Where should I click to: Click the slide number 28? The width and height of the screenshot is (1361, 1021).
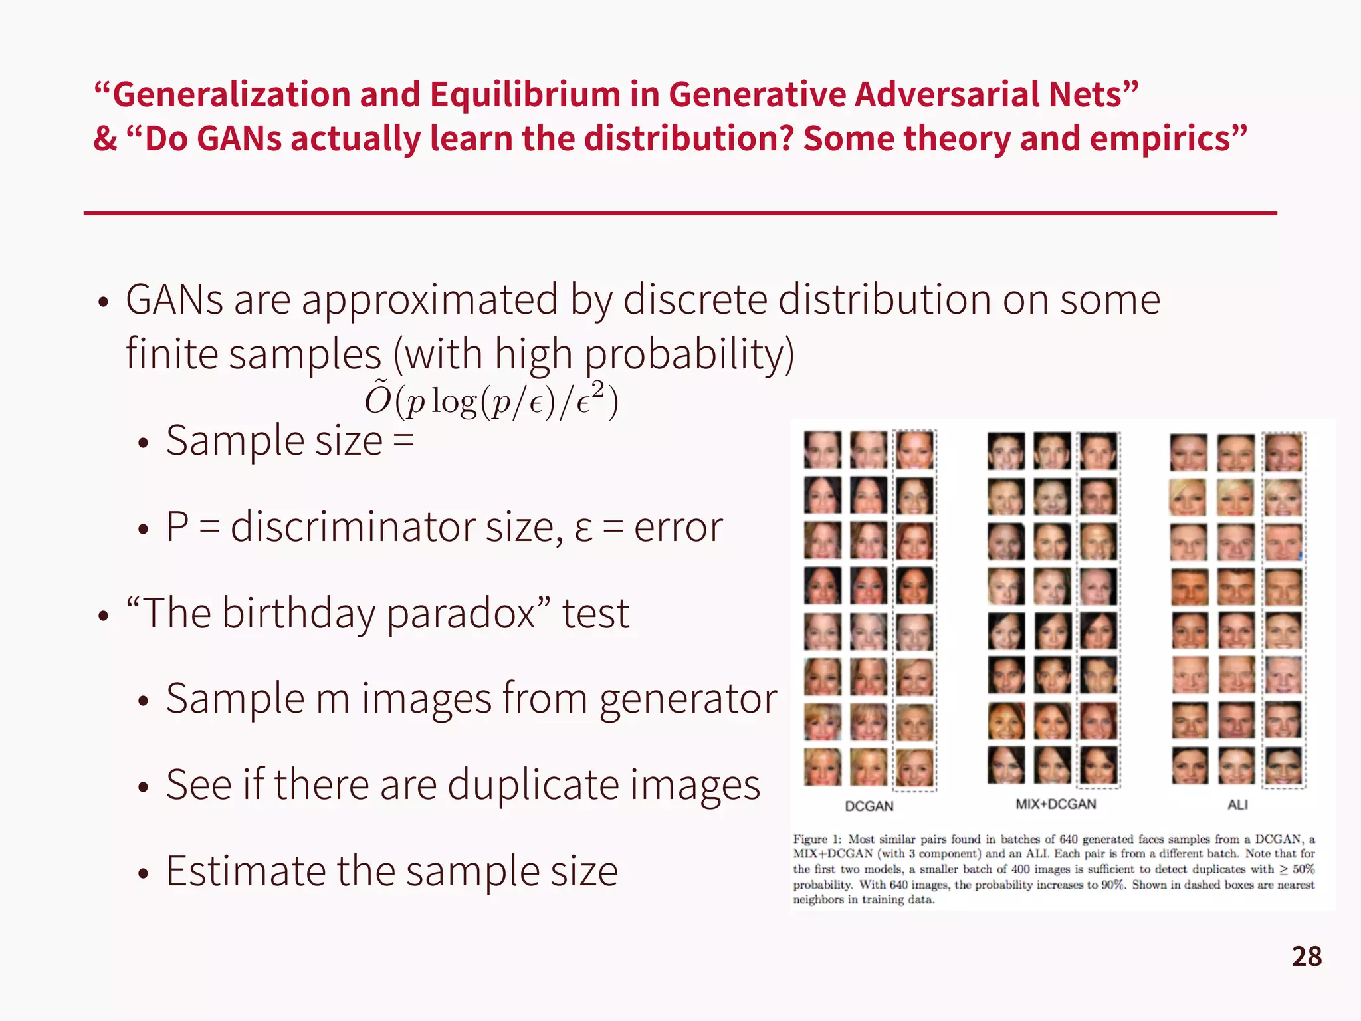1306,957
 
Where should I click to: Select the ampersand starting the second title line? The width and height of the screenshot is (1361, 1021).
105,139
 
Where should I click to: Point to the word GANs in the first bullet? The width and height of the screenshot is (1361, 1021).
174,300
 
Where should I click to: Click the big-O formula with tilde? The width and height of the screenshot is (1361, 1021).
491,399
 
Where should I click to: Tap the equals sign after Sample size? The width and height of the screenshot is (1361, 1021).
403,441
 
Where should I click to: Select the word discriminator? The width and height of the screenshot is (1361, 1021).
353,527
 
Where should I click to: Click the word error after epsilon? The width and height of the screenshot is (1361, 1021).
678,527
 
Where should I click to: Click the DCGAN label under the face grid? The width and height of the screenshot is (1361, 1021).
869,806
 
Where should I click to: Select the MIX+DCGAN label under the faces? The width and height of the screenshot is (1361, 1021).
1055,804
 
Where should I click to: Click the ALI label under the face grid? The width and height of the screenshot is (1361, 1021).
1237,805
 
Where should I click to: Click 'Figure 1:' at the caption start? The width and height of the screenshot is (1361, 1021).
817,840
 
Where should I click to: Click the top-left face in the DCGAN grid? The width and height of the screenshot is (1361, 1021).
822,450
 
